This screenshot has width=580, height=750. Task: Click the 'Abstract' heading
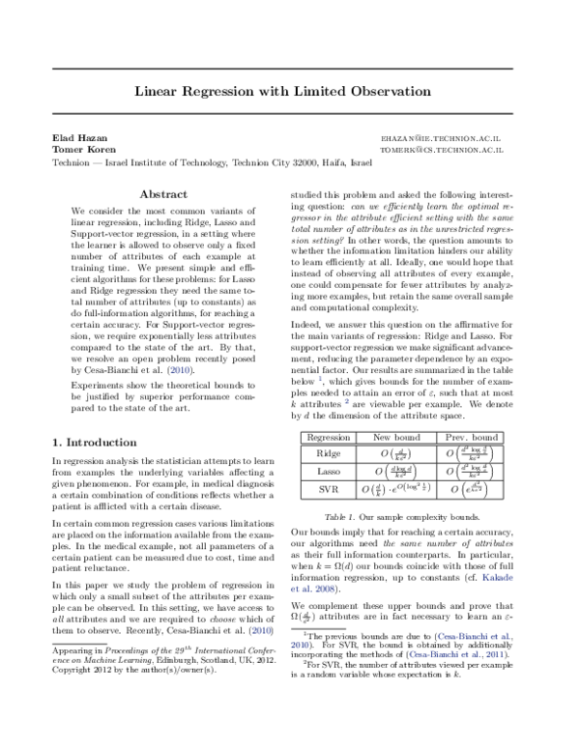[163, 194]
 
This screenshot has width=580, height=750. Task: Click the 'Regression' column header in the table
[328, 437]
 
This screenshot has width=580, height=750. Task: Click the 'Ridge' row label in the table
[328, 452]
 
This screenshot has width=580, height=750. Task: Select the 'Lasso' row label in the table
[328, 471]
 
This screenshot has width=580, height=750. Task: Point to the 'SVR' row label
[328, 490]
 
